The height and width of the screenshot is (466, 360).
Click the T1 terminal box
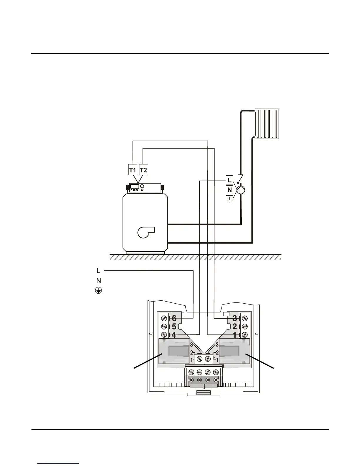[x=133, y=170]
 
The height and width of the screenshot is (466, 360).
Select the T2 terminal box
[x=143, y=170]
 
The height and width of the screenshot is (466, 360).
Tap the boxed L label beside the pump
[x=230, y=180]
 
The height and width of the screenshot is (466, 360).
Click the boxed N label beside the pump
[x=230, y=190]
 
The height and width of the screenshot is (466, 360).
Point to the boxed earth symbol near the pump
[x=229, y=200]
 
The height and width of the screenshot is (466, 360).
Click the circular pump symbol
[x=241, y=190]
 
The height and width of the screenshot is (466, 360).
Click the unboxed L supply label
[x=99, y=270]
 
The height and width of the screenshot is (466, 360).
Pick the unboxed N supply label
[x=99, y=281]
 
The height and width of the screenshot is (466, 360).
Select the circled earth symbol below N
[x=98, y=291]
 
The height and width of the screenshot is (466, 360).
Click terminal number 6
[x=174, y=318]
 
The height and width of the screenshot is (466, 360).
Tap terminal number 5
[x=174, y=327]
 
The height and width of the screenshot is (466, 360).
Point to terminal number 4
[x=174, y=335]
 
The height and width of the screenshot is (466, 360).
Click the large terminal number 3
[x=235, y=318]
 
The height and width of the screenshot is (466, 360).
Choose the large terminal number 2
[x=235, y=327]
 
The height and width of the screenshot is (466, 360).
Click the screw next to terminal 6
[x=164, y=318]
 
